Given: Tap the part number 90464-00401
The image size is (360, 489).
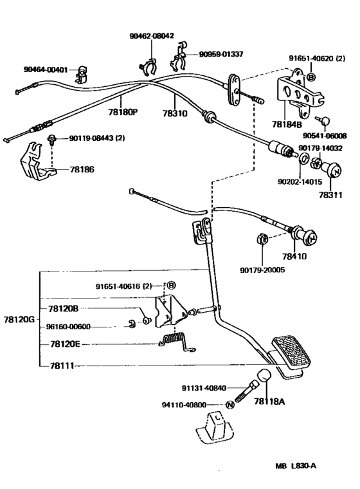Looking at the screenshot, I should coord(46,69).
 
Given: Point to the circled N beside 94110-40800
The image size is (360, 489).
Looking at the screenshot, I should coord(229,405).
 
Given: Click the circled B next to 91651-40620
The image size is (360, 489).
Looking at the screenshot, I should coord(311,77).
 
